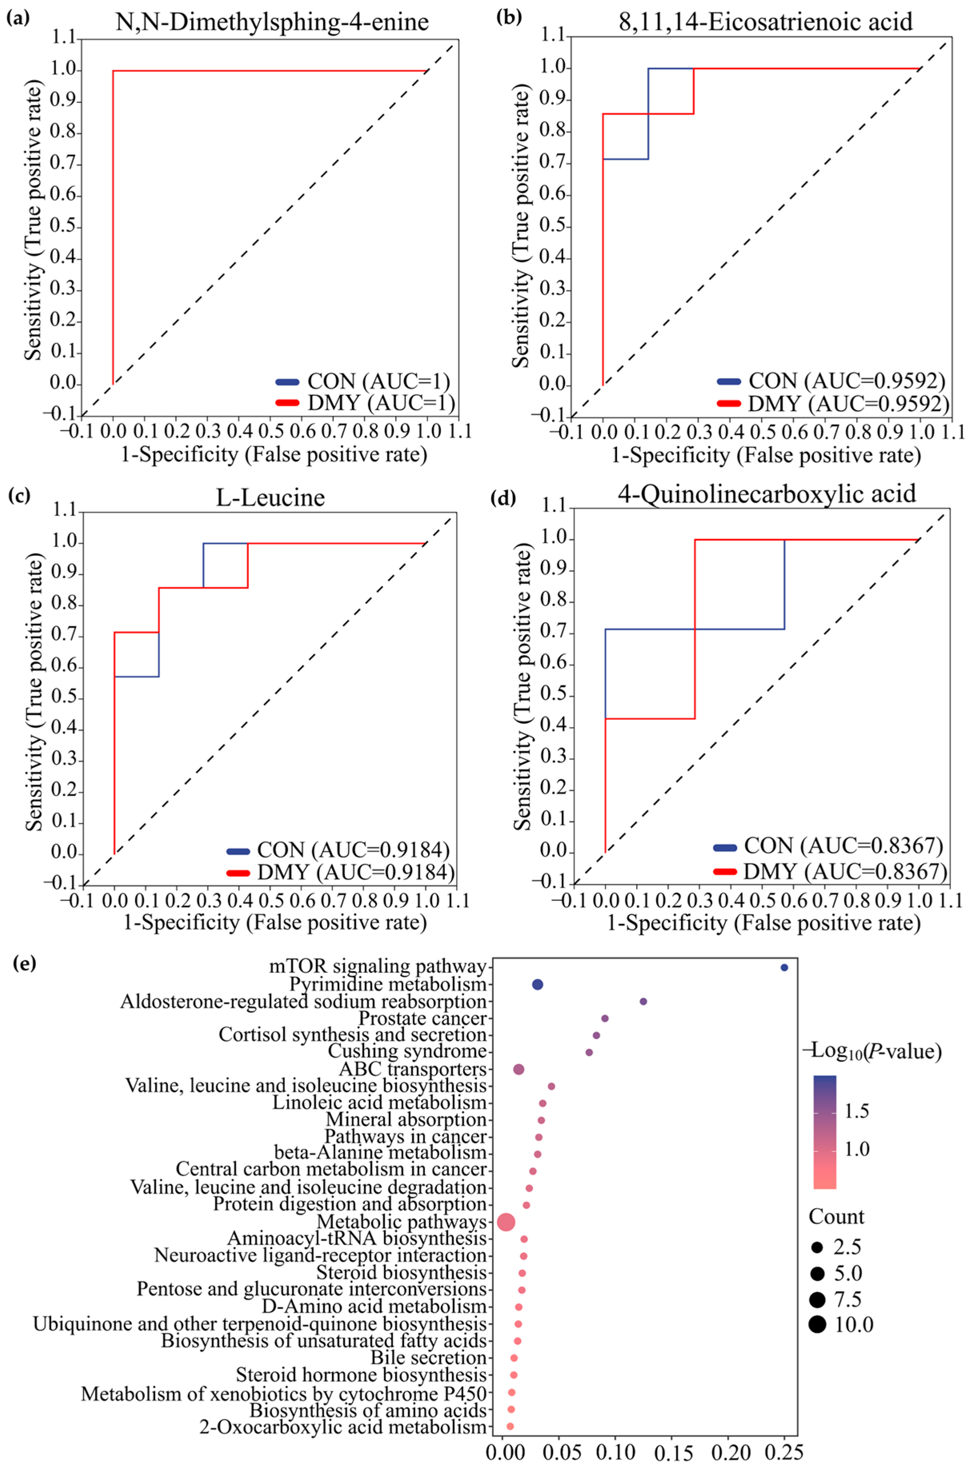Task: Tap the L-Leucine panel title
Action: (270, 497)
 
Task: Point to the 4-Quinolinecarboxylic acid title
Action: (767, 494)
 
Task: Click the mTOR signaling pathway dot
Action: (784, 968)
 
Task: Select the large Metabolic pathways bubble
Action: (506, 1222)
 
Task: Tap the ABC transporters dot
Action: (519, 1070)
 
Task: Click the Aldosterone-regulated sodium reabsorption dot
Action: (643, 1002)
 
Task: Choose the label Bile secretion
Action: (428, 1358)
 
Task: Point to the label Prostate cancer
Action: (423, 1018)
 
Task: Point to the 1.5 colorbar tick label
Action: (857, 1110)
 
